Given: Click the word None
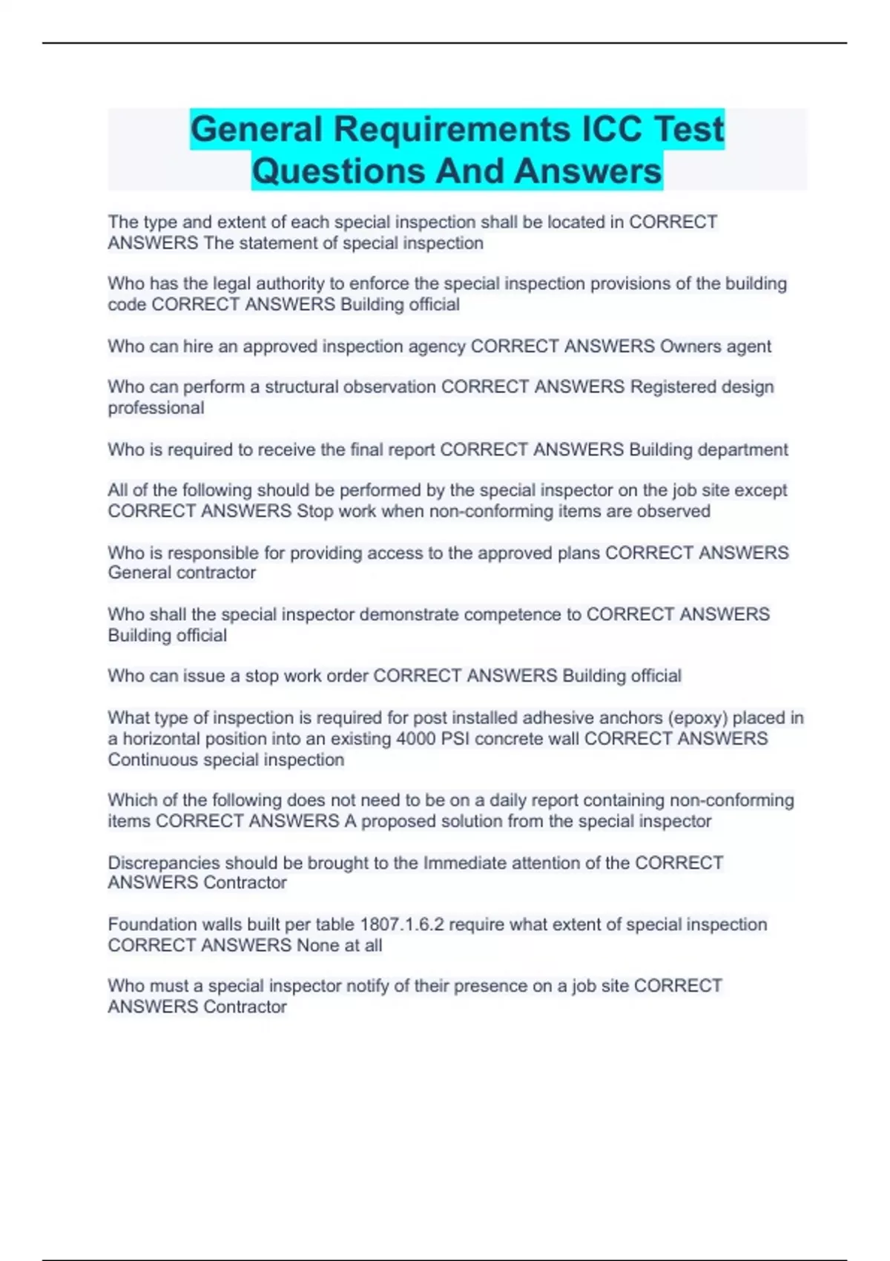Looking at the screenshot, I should point(317,945).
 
